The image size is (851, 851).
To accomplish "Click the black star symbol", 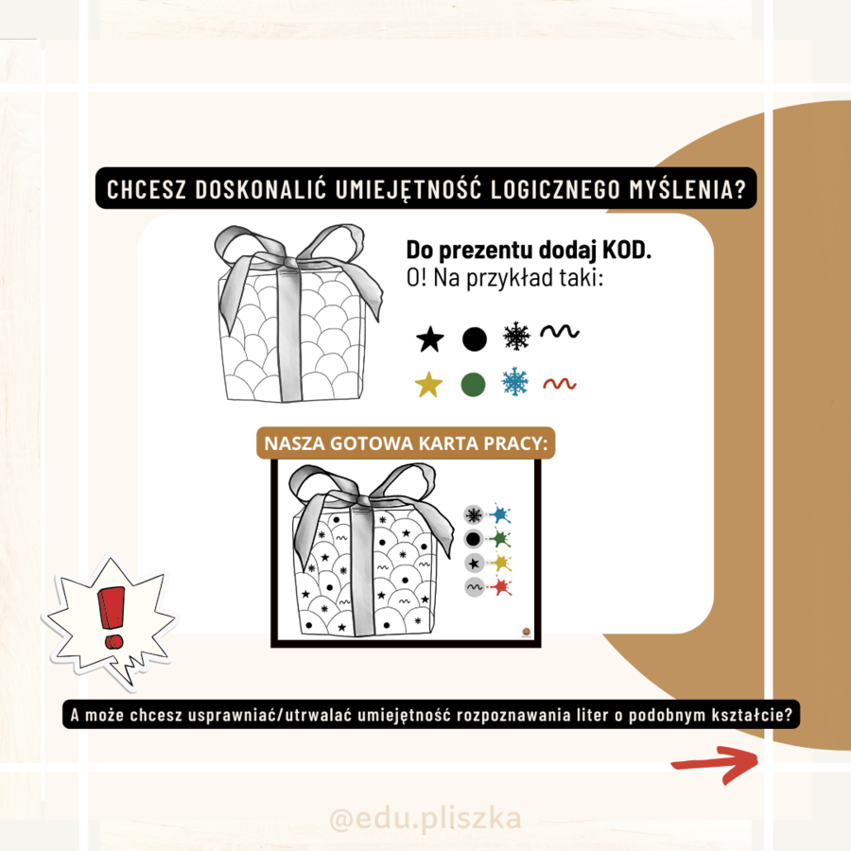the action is click(x=430, y=339).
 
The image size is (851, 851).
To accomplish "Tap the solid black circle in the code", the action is click(x=475, y=339).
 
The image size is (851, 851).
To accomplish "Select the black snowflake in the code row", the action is click(x=516, y=336).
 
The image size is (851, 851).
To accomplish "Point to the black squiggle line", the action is click(x=560, y=331).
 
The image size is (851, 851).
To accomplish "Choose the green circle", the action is click(x=473, y=385).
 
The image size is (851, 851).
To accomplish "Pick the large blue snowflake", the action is click(x=515, y=381).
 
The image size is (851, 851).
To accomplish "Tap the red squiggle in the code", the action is click(x=560, y=384).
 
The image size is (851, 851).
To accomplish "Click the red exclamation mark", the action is click(x=112, y=617).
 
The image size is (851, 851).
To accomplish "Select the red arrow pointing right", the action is click(x=716, y=764).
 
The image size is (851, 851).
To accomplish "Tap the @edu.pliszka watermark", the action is click(x=425, y=819).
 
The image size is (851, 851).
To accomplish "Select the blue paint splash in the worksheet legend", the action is click(x=499, y=514).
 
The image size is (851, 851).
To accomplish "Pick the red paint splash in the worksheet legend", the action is click(x=499, y=587).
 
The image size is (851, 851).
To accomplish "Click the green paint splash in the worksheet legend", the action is click(x=499, y=539).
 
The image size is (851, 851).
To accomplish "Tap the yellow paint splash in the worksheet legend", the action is click(x=499, y=563).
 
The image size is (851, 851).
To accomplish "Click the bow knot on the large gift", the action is click(x=289, y=263).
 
